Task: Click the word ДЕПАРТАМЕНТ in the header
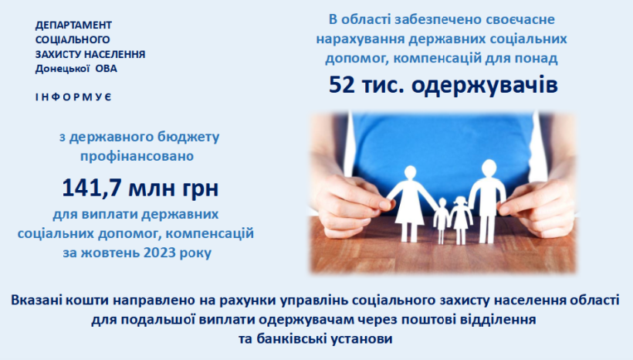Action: [73, 25]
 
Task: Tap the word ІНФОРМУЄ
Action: [73, 97]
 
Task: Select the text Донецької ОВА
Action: [76, 69]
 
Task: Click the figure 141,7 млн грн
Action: [140, 188]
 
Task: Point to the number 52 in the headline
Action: [341, 85]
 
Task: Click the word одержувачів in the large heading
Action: [485, 86]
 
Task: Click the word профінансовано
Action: [137, 156]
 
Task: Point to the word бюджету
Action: [191, 138]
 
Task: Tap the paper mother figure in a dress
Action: [408, 204]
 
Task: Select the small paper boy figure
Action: [442, 221]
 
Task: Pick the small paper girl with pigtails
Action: [461, 221]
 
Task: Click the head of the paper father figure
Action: [489, 168]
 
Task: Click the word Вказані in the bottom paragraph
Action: [36, 301]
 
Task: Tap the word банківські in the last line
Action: [283, 338]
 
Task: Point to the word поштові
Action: [411, 320]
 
